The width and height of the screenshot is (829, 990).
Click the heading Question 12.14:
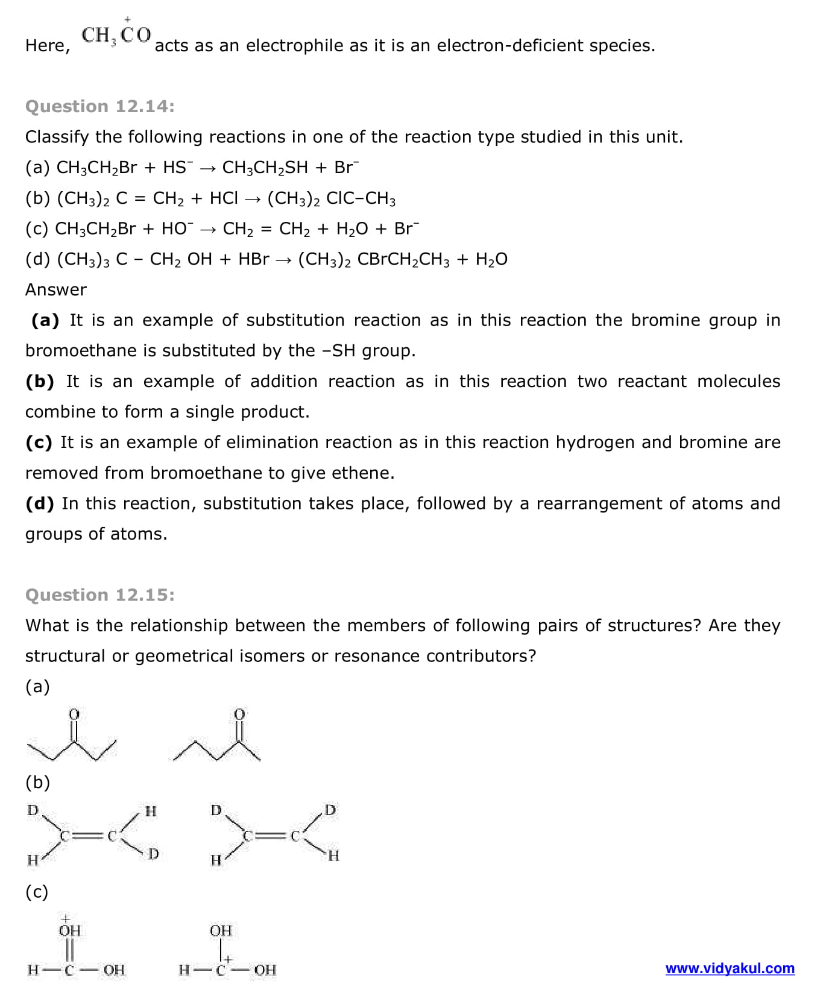coord(100,107)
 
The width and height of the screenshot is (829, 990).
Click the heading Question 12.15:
coord(100,595)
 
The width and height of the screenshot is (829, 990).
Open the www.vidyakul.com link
coord(730,968)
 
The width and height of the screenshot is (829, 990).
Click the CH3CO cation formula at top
coord(116,35)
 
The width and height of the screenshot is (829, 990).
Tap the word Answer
coord(56,290)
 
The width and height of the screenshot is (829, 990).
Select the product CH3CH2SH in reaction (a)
coord(265,168)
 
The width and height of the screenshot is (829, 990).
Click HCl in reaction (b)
coord(224,198)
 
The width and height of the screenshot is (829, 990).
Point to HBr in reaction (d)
coord(253,259)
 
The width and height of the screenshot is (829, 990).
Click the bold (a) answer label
coord(45,320)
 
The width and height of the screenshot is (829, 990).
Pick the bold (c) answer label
coord(39,443)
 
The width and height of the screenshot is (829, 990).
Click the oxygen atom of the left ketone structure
coord(74,714)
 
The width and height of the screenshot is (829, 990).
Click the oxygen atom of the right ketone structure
coord(239,714)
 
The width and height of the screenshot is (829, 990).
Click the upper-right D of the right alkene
coord(330,810)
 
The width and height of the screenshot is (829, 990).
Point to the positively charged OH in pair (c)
coord(69,930)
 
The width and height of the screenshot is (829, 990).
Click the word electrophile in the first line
coord(307,46)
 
